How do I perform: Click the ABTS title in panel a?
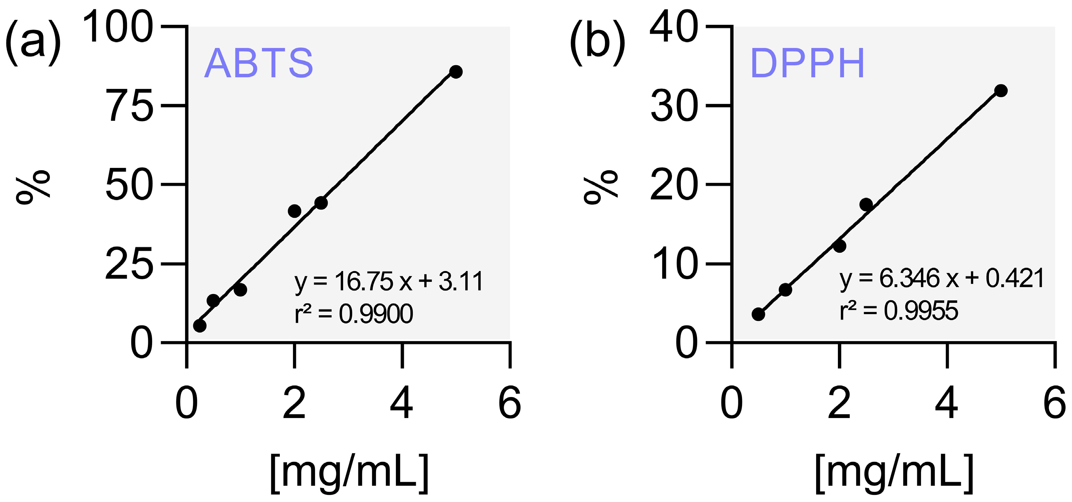(258, 63)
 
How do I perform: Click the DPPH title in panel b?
(807, 63)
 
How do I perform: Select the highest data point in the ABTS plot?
(456, 72)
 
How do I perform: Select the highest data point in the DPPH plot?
(1000, 90)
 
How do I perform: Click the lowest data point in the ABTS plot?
(200, 325)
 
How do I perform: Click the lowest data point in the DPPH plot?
(758, 314)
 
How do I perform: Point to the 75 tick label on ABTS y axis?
(130, 106)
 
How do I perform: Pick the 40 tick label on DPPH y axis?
(674, 27)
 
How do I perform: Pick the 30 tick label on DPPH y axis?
(674, 106)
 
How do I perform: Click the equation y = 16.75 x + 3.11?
(388, 282)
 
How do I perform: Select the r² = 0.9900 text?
(354, 314)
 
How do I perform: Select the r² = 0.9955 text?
(899, 311)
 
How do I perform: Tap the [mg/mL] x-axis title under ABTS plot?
(349, 472)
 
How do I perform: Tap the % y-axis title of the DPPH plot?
(600, 187)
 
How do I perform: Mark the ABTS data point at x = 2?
(294, 211)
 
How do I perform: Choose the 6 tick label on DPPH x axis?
(1055, 403)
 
